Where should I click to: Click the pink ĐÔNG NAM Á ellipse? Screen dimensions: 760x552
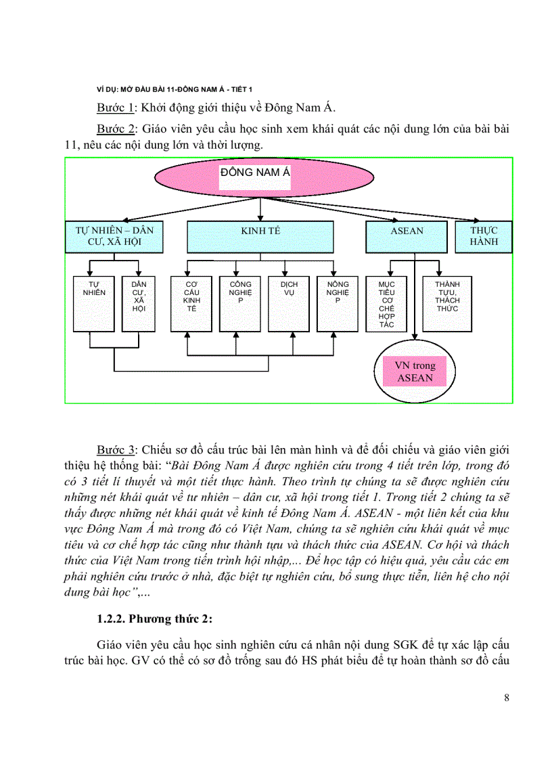click(x=264, y=177)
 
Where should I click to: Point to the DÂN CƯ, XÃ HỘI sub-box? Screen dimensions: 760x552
click(x=139, y=303)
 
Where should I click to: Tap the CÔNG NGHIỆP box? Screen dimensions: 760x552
click(x=239, y=303)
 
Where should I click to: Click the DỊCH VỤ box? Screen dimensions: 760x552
click(x=289, y=303)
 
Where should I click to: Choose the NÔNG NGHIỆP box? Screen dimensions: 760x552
click(x=338, y=303)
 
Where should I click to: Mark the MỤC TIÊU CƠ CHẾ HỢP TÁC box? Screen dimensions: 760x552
click(x=386, y=303)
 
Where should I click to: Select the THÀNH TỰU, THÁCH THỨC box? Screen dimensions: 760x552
click(x=447, y=303)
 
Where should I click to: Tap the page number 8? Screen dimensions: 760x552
click(x=507, y=698)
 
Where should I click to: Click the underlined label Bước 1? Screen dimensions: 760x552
click(x=114, y=107)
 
